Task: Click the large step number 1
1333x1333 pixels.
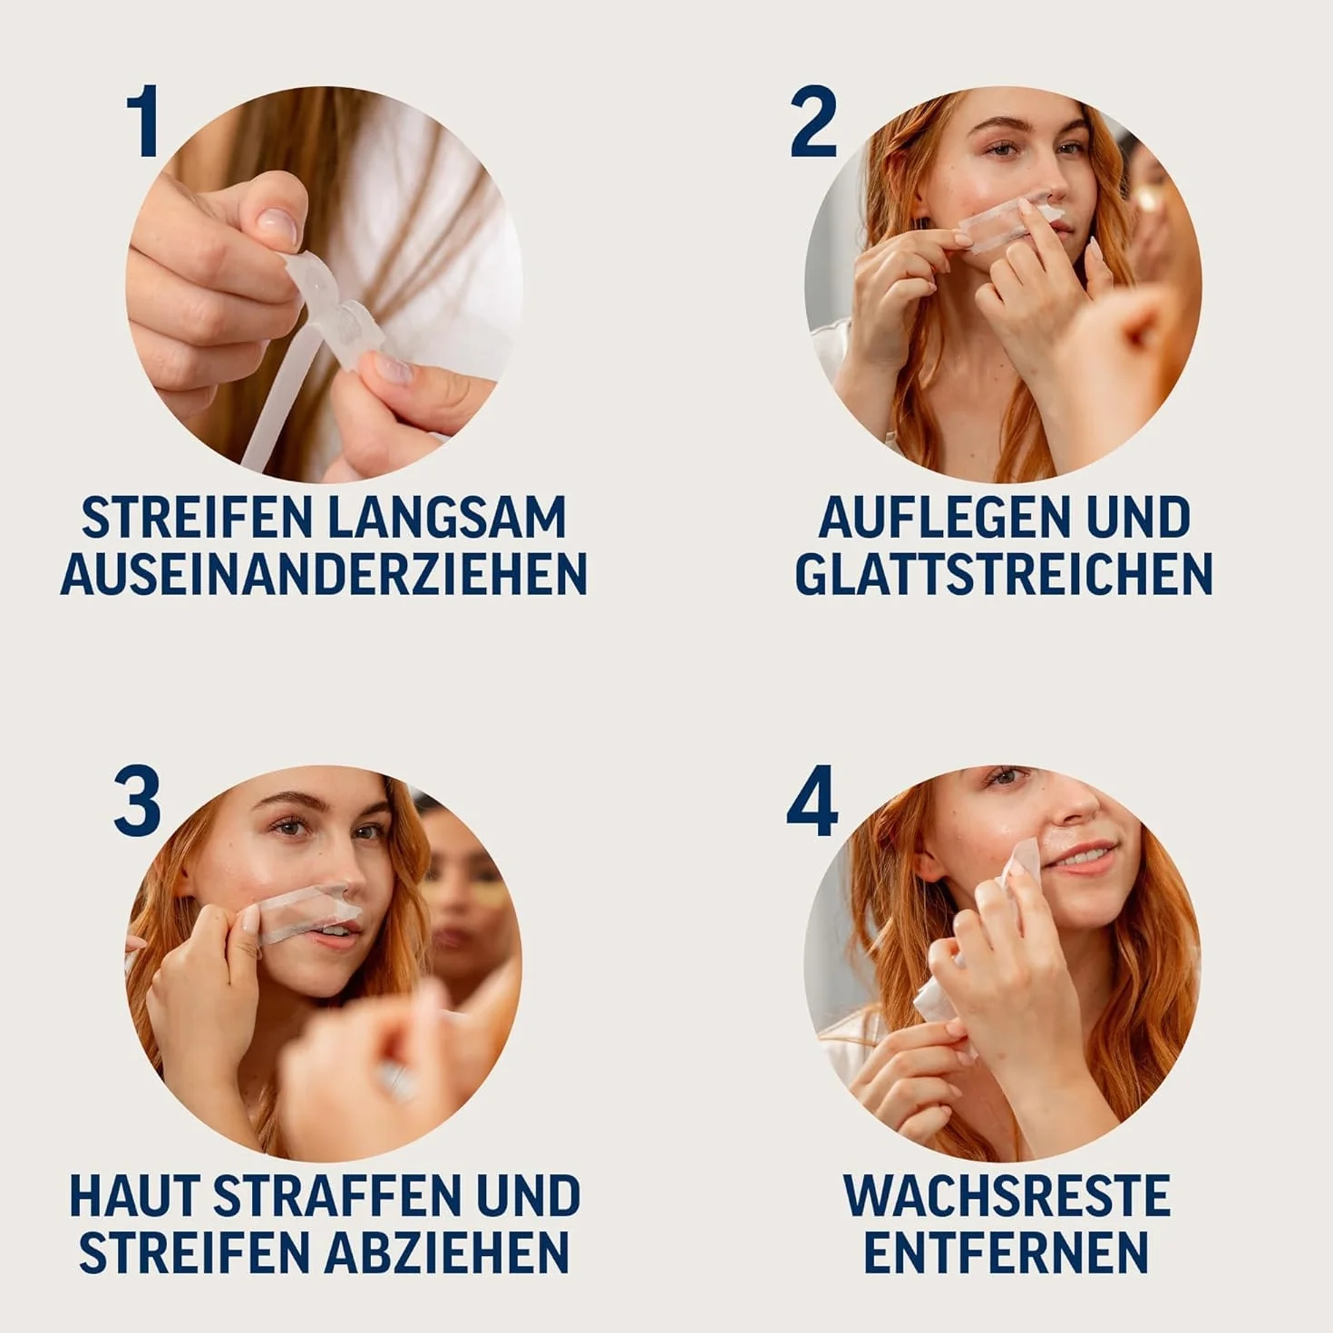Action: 144,122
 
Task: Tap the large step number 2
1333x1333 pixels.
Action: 813,122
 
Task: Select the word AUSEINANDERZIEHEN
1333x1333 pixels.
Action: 324,573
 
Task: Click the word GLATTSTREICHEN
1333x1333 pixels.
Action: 1004,573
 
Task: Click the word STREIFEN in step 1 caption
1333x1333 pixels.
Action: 197,517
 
